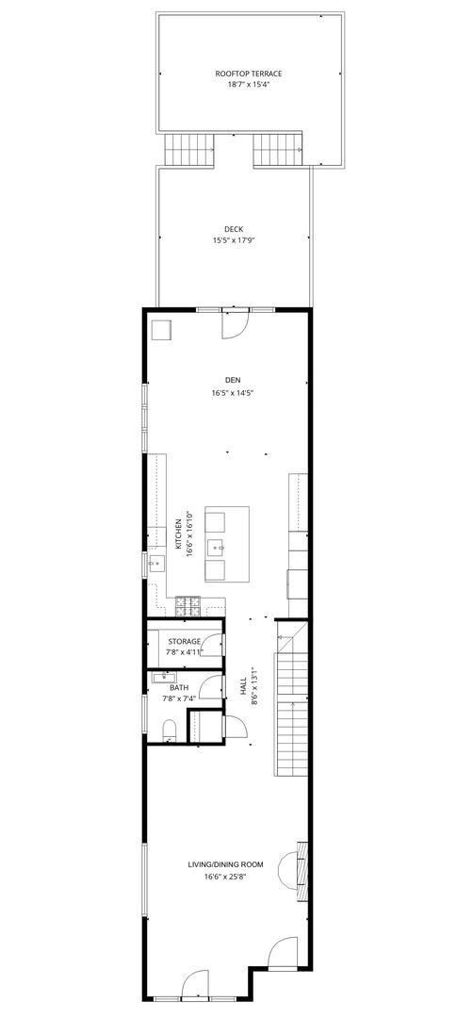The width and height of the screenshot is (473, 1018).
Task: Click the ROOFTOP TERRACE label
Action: click(249, 73)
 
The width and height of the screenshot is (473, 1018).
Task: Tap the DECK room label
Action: click(234, 229)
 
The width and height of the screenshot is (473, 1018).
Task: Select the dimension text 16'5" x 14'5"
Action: click(234, 392)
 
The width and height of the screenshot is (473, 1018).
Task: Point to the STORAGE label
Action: click(184, 641)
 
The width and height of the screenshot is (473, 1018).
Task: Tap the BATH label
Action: click(178, 687)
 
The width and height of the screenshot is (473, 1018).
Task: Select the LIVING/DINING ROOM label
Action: click(225, 864)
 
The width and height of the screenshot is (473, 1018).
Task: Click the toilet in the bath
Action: click(170, 731)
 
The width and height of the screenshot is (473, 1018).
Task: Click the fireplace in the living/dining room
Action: click(302, 862)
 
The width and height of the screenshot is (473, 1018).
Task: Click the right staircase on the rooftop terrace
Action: click(279, 148)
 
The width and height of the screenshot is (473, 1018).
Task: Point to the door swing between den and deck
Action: click(234, 324)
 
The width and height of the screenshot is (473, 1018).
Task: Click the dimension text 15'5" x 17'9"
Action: click(234, 240)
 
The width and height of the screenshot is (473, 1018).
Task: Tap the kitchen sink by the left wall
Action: click(155, 564)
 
